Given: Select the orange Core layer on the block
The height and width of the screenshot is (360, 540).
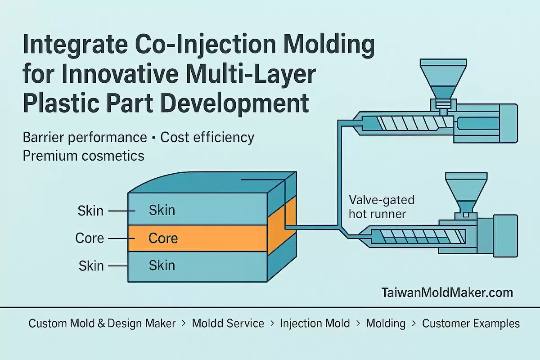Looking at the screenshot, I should [198, 238].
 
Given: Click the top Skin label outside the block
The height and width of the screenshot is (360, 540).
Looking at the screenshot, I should [91, 211].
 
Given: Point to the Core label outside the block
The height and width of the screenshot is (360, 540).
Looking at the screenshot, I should [90, 238].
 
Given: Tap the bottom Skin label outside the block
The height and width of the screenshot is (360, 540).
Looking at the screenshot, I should [91, 265].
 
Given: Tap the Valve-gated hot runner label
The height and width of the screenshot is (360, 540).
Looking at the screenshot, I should [382, 207].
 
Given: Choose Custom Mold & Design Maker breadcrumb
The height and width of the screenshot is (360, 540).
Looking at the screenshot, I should [102, 324].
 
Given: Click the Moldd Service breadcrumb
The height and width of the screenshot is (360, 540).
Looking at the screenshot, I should [228, 324].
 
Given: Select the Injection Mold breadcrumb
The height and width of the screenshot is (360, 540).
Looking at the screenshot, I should [315, 324].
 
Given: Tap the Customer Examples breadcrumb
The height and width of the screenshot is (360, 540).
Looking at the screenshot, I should [471, 324].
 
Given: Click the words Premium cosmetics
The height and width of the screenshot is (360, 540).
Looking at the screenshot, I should [84, 156].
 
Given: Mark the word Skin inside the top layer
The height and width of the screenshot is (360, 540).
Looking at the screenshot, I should [162, 210].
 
